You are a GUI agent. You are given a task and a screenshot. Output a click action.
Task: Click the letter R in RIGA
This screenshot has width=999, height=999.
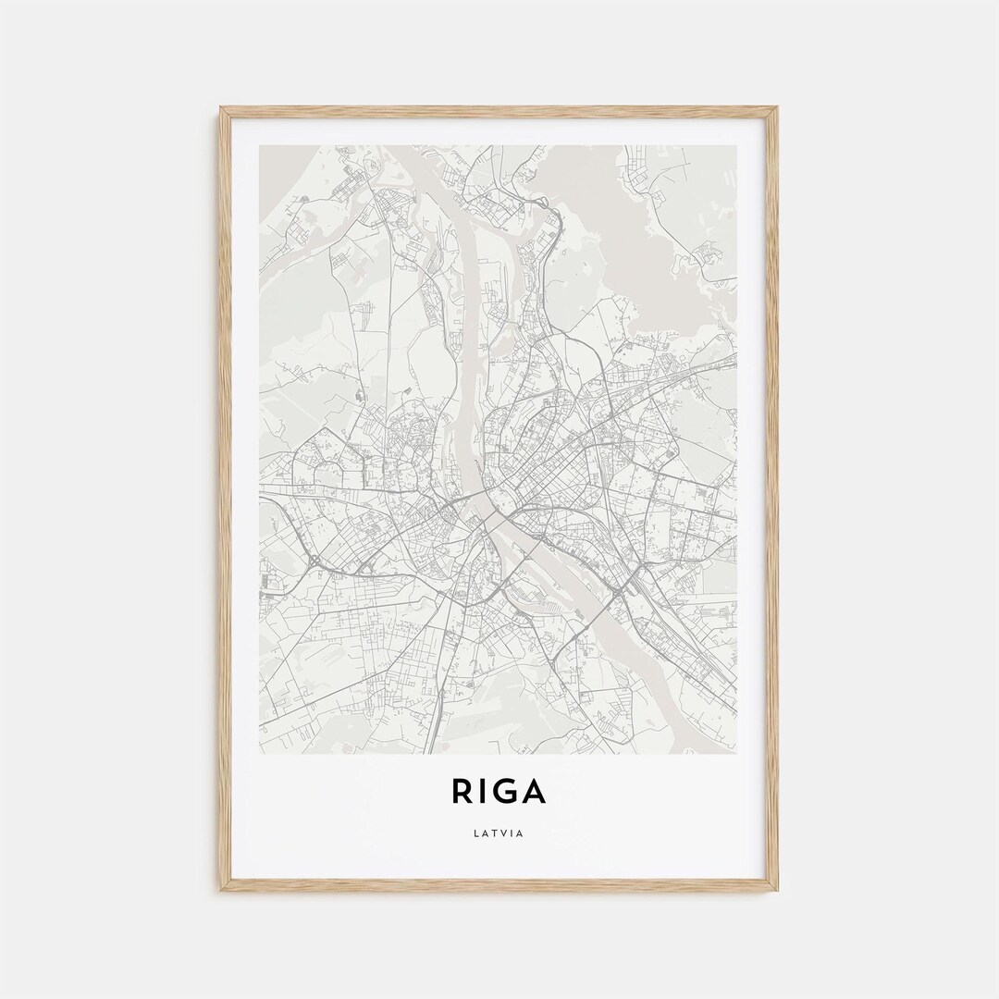(462, 792)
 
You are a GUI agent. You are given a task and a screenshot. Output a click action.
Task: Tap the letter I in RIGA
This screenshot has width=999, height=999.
(486, 792)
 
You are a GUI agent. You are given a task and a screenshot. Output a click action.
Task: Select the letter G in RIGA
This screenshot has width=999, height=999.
(508, 792)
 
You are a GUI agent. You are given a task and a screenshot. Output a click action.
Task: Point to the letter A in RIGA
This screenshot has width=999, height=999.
(536, 792)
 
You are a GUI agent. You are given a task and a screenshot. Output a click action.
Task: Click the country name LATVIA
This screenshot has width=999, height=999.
(499, 833)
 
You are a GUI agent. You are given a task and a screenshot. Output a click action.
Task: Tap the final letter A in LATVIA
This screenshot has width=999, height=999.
(522, 833)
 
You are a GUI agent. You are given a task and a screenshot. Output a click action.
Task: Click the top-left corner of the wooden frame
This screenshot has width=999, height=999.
(221, 108)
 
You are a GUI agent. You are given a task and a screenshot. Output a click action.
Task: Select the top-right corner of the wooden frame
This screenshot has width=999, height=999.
(777, 108)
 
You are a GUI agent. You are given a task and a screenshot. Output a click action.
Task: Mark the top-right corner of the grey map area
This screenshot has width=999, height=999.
(736, 146)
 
